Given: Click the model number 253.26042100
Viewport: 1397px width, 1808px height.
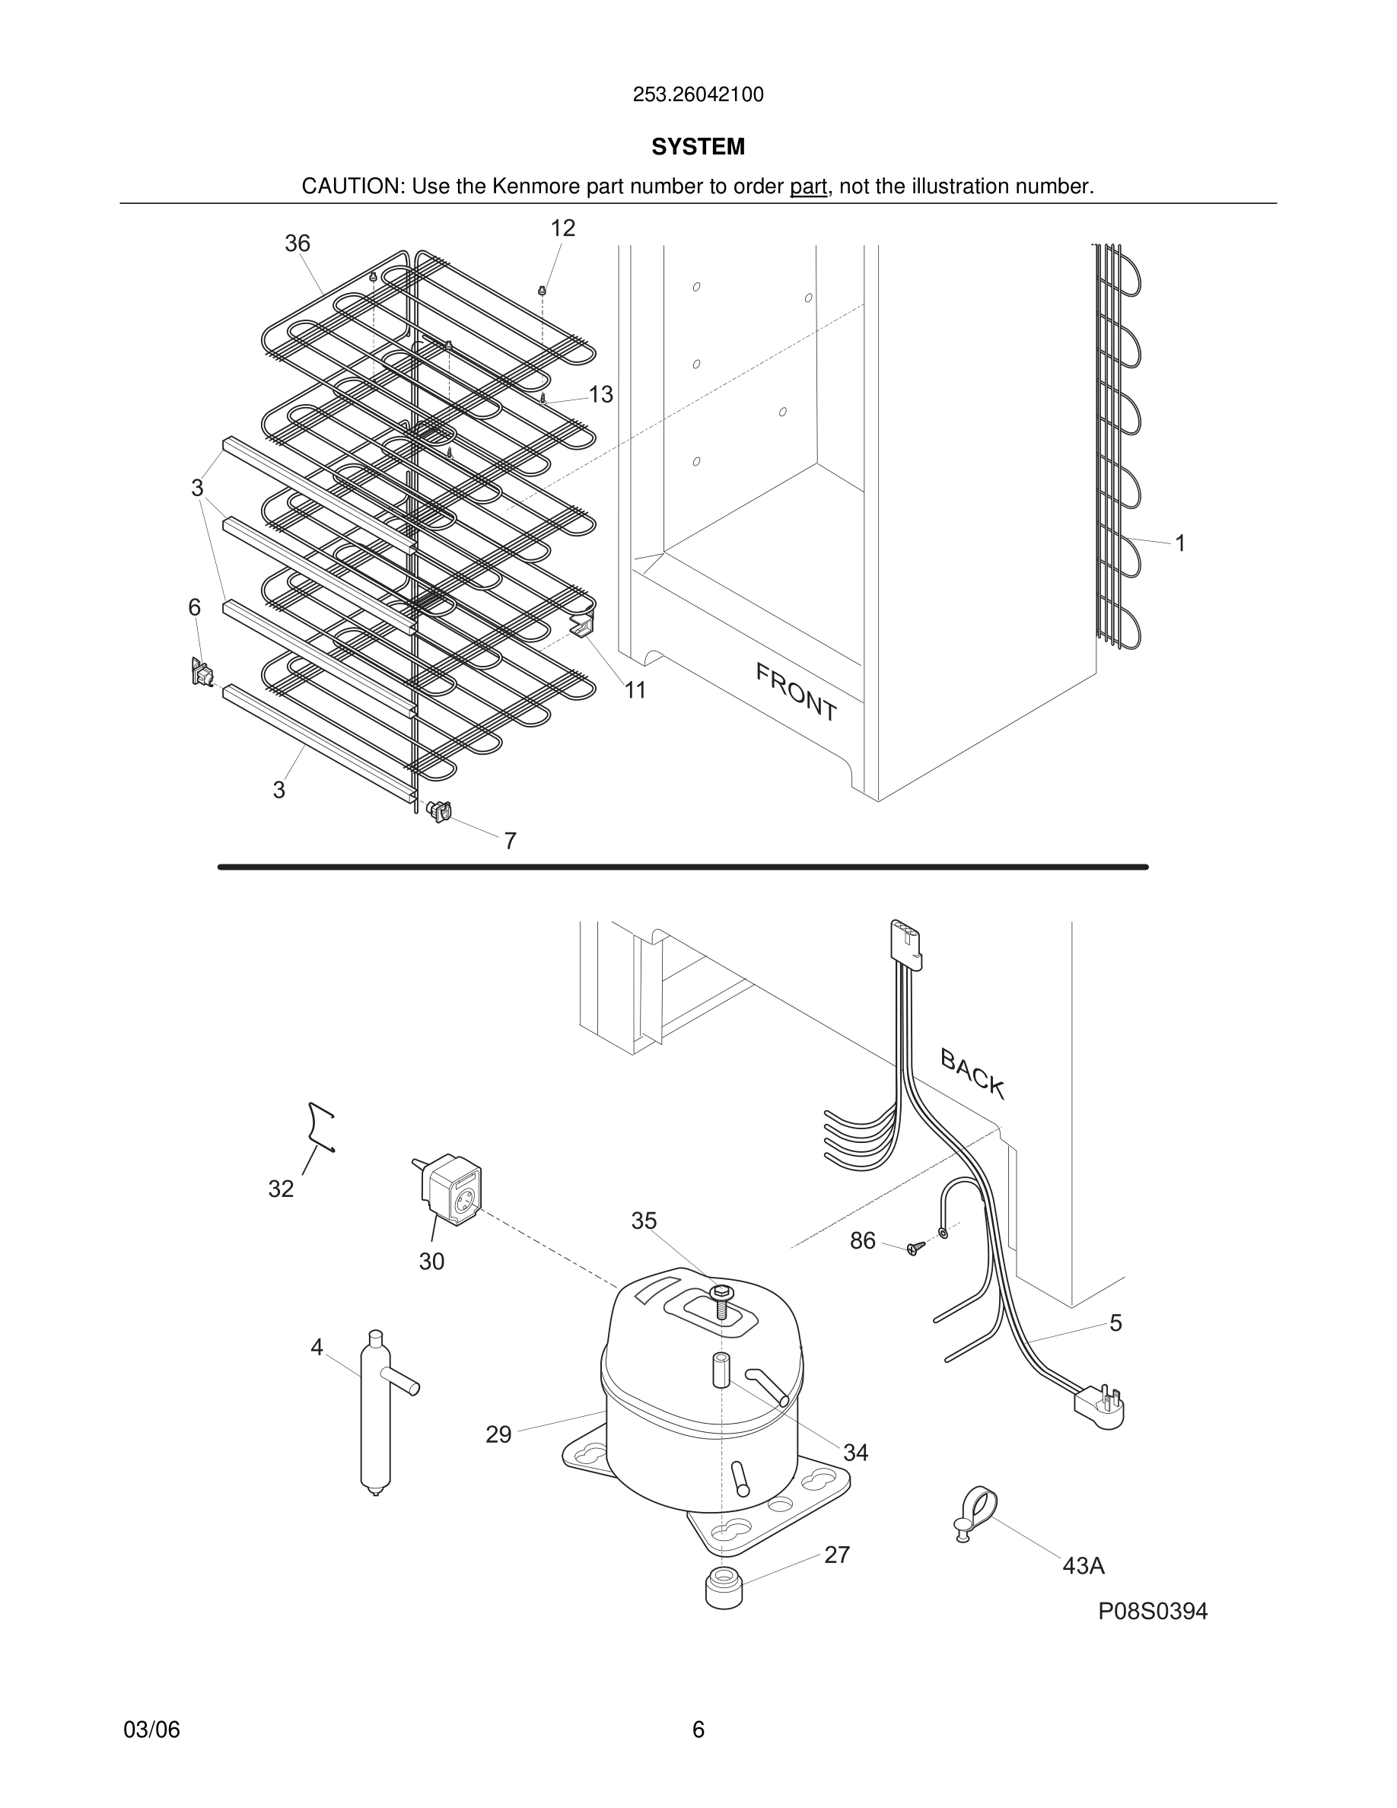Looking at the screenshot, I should click(x=698, y=95).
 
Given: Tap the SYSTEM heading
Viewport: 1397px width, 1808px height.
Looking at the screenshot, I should click(x=698, y=147).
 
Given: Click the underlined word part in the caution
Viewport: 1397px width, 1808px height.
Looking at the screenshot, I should click(x=808, y=187).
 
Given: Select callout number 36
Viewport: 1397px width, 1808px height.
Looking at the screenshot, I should click(x=297, y=244).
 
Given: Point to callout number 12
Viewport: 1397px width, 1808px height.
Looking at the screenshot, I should click(x=563, y=228).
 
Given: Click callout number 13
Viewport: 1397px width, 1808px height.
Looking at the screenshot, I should click(x=601, y=395).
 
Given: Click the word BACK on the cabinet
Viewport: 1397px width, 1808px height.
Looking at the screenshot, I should click(x=972, y=1074).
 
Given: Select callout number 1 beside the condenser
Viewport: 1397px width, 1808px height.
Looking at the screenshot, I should click(x=1180, y=544).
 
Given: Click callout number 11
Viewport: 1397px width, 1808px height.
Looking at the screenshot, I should click(x=635, y=689).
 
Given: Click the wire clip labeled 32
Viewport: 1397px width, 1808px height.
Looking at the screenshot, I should click(x=320, y=1127).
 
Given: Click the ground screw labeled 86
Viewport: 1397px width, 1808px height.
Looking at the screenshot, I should click(x=913, y=1249).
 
